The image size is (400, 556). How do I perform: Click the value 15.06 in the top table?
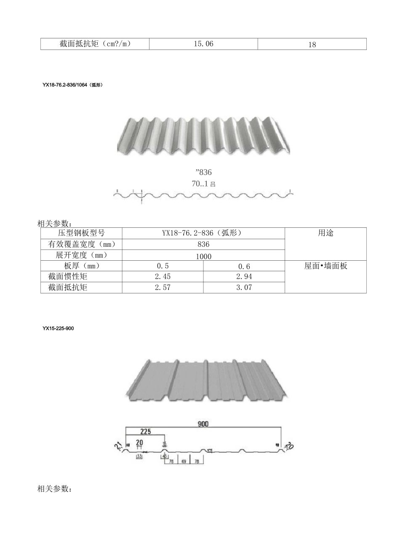click(203, 44)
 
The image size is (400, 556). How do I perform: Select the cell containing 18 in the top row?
click(312, 44)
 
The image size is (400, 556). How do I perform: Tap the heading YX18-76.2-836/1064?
click(72, 85)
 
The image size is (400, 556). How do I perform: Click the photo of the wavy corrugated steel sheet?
click(203, 135)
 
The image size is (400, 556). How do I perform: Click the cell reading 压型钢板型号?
click(81, 233)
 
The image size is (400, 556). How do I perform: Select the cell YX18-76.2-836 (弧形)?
click(203, 233)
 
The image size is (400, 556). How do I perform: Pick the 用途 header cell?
click(325, 233)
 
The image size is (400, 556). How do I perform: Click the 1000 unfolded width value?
click(203, 256)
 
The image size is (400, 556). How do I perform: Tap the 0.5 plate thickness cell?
click(163, 266)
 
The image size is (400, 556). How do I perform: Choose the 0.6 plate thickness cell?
click(244, 267)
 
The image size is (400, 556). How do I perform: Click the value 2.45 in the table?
click(163, 277)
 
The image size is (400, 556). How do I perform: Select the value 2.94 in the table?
click(244, 277)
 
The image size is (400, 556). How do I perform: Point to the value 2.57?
click(163, 288)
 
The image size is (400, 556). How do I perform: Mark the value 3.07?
click(244, 288)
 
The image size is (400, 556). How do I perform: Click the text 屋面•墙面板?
click(325, 266)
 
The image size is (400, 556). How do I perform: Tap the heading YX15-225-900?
click(58, 328)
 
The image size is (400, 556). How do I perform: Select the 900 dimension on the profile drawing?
click(203, 424)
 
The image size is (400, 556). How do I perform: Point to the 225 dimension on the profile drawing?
click(145, 432)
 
